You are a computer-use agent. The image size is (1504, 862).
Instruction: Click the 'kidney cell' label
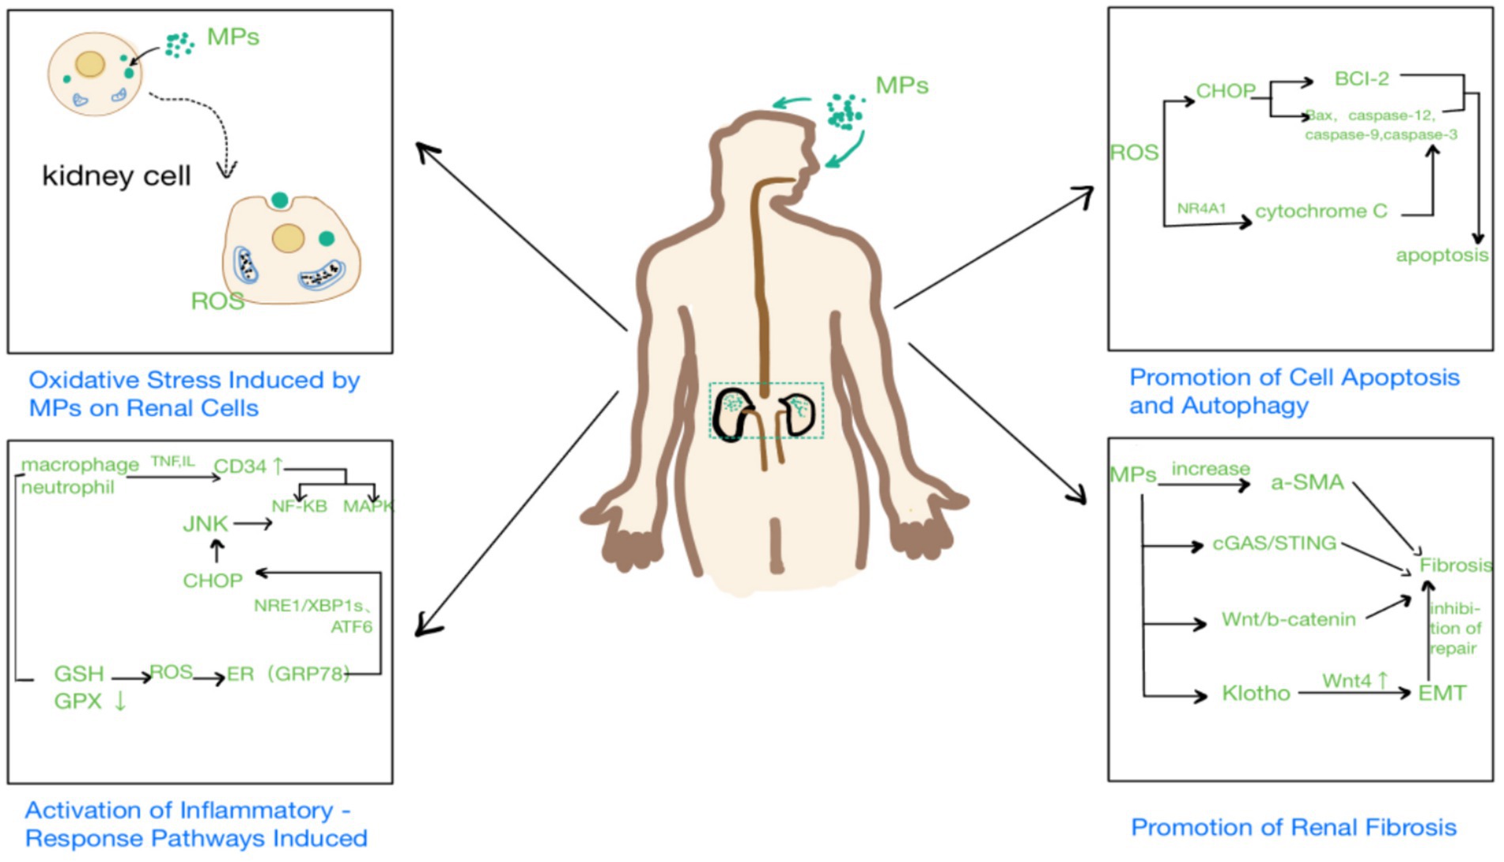point(116,175)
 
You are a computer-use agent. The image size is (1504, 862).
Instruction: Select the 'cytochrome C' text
point(1321,211)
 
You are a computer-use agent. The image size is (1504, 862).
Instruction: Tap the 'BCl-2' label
point(1361,78)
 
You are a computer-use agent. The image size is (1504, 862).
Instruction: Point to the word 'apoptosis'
point(1442,255)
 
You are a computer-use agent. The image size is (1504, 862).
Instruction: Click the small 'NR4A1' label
point(1201,208)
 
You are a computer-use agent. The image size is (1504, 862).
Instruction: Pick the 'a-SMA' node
point(1307,482)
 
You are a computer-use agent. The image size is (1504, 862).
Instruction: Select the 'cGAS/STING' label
point(1274,543)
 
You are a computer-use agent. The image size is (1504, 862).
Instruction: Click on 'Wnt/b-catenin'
point(1288,619)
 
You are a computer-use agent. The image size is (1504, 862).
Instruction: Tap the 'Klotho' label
point(1256,694)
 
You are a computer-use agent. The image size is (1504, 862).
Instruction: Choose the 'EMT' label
point(1442,694)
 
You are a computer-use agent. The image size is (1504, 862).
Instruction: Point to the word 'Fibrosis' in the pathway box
point(1455,565)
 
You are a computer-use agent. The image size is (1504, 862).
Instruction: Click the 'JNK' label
point(205,524)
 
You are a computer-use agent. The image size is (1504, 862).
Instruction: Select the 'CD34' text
point(240,467)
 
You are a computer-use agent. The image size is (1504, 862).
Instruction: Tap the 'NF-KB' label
point(299,506)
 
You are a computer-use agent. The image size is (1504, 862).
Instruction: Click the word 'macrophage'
point(79,464)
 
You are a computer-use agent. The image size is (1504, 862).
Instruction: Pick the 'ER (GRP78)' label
point(287,674)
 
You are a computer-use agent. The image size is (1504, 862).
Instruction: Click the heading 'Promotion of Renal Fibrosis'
point(1293,827)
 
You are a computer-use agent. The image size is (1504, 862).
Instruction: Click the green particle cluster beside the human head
point(845,112)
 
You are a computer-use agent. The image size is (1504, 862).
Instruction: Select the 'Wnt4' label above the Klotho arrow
point(1347,680)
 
